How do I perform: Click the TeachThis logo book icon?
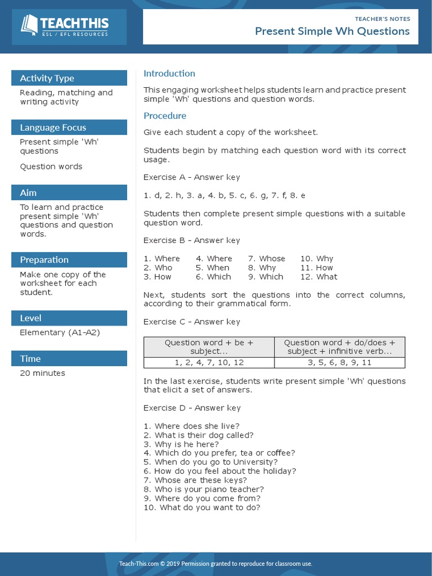pyautogui.click(x=29, y=25)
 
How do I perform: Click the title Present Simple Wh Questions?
pyautogui.click(x=332, y=31)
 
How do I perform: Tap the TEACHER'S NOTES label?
pyautogui.click(x=382, y=19)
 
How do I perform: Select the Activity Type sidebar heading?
pyautogui.click(x=47, y=78)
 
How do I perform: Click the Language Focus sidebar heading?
pyautogui.click(x=53, y=127)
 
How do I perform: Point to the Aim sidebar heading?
pyautogui.click(x=28, y=192)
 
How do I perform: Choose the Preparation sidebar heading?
pyautogui.click(x=44, y=259)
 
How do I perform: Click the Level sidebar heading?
pyautogui.click(x=30, y=318)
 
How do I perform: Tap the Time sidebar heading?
pyautogui.click(x=30, y=358)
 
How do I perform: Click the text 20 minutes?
pyautogui.click(x=42, y=373)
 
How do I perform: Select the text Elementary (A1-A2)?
pyautogui.click(x=60, y=332)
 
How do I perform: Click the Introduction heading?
pyautogui.click(x=169, y=73)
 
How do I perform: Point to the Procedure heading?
pyautogui.click(x=165, y=116)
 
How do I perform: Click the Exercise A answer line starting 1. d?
pyautogui.click(x=224, y=195)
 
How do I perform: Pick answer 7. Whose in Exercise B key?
pyautogui.click(x=267, y=259)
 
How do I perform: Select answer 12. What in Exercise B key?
pyautogui.click(x=318, y=277)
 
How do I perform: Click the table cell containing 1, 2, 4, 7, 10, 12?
pyautogui.click(x=209, y=363)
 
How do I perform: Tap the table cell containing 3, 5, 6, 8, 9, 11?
pyautogui.click(x=339, y=363)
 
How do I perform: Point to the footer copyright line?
pyautogui.click(x=215, y=564)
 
